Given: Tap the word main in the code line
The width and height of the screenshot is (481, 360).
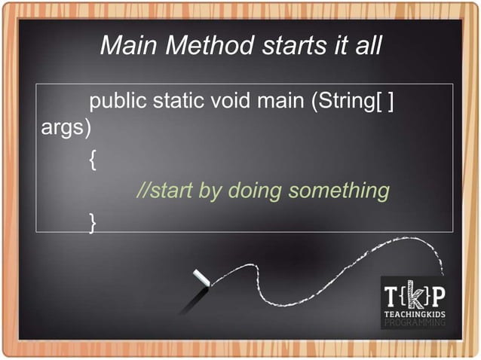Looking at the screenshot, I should (x=278, y=100).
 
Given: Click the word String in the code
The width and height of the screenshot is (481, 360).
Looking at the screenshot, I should (x=342, y=100).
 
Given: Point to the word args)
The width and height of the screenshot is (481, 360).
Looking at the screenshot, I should (x=65, y=128).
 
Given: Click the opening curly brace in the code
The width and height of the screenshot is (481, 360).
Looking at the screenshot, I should (x=92, y=160).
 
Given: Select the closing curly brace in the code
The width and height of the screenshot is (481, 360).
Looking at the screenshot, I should (x=92, y=221).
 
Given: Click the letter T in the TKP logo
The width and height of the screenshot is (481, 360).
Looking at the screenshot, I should (x=394, y=294).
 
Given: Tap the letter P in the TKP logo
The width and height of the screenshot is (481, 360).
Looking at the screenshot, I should (x=437, y=294).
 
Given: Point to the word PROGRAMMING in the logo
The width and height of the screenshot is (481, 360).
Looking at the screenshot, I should (x=415, y=322).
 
